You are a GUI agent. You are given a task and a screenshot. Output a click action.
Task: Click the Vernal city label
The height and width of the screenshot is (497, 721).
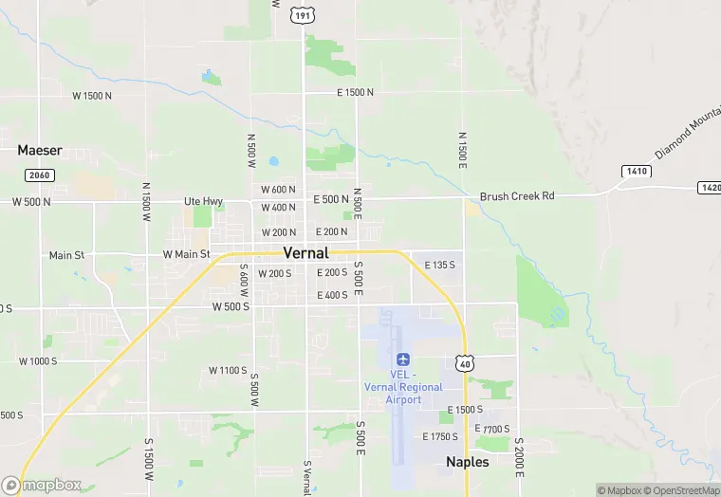coord(305,253)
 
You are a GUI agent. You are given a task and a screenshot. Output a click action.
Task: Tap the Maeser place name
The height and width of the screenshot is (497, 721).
coord(40,150)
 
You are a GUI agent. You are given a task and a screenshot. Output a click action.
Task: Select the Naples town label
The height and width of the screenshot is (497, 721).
coord(468,462)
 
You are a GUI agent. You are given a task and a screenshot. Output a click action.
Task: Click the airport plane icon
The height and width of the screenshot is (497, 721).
coord(403,359)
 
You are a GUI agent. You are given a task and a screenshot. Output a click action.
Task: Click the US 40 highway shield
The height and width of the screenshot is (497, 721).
coord(464,363)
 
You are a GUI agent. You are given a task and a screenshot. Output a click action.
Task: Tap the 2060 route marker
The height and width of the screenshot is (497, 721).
coord(40,175)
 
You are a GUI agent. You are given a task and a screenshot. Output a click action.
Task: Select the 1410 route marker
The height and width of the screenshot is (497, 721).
coord(638,171)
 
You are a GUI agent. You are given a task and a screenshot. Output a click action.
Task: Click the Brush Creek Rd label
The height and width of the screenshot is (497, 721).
coord(516,196)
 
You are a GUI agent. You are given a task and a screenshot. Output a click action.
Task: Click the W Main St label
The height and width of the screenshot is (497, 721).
coord(186,254)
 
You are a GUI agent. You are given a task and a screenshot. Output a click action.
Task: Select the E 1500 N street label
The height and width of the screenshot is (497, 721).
coord(356,92)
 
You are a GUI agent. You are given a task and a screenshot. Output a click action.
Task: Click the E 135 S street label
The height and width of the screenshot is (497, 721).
coord(439,265)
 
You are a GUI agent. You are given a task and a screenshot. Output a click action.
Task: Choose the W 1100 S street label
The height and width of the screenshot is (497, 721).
coord(228,370)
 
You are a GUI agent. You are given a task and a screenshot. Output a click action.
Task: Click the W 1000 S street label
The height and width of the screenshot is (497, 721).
coord(38,361)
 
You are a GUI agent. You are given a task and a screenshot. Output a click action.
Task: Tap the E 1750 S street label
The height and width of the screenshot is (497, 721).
coord(439,436)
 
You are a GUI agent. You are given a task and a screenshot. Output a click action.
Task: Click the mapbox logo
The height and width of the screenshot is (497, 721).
coord(43,485)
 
